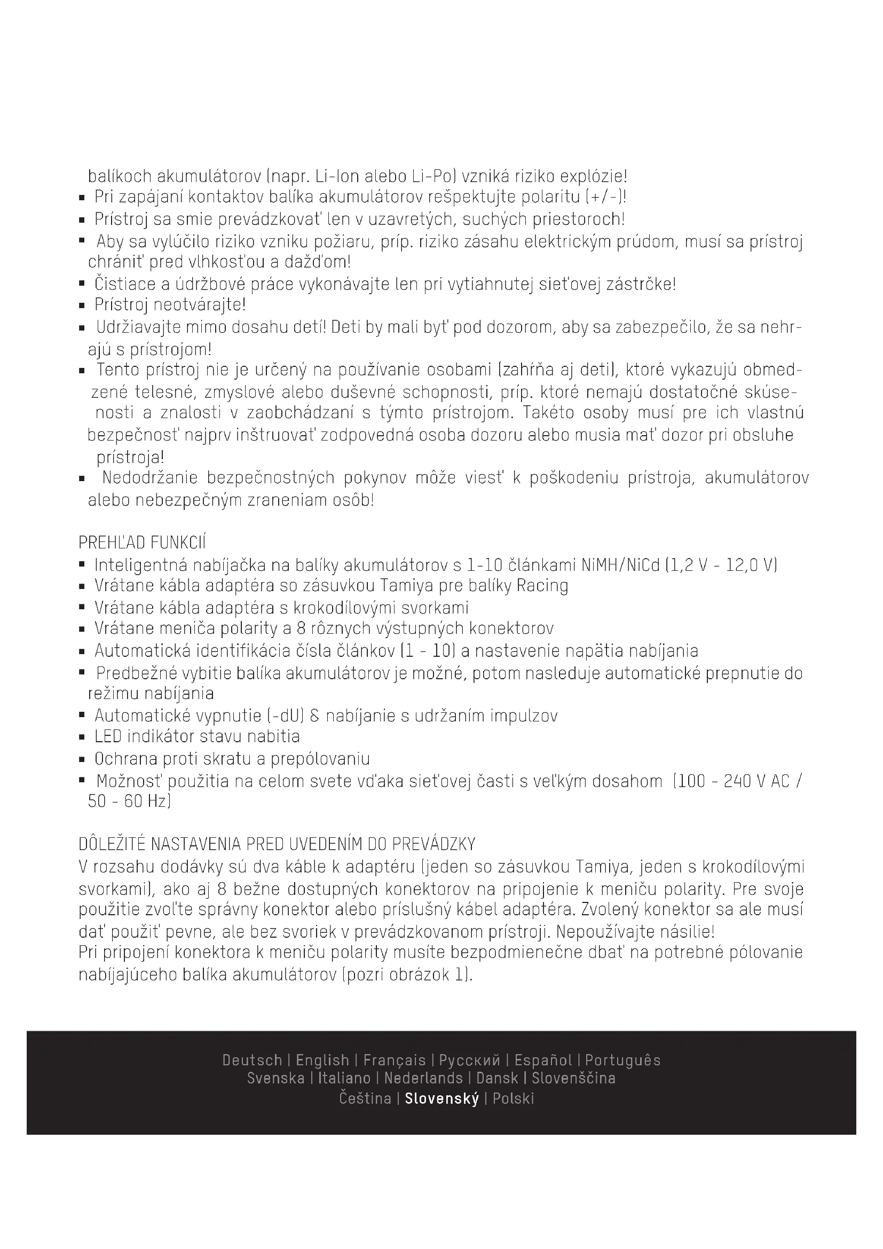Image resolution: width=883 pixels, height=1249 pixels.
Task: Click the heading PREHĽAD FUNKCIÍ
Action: click(x=142, y=543)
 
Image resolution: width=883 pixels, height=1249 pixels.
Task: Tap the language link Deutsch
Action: click(x=253, y=1061)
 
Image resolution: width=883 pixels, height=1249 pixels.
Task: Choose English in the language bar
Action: click(x=322, y=1061)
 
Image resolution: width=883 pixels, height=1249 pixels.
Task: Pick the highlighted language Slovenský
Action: click(x=442, y=1098)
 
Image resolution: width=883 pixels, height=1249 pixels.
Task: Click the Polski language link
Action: click(x=513, y=1098)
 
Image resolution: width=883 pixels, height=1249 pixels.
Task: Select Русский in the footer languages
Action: click(x=469, y=1061)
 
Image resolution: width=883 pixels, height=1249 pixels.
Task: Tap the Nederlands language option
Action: click(x=423, y=1078)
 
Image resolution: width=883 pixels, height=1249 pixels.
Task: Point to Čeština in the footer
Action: click(x=365, y=1098)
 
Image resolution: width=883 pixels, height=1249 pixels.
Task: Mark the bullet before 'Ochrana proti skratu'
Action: click(x=82, y=759)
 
